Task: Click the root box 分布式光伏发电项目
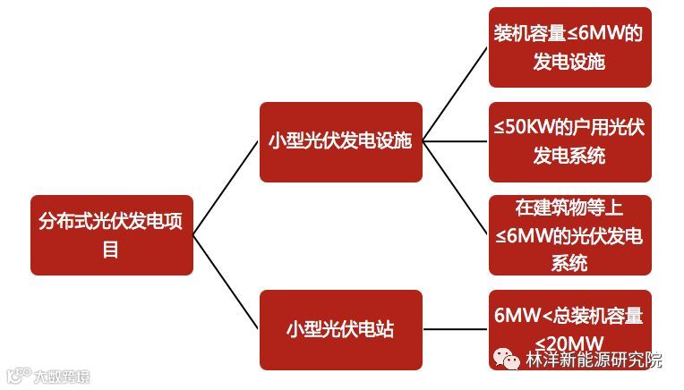coord(112,234)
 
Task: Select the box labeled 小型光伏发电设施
coord(340,141)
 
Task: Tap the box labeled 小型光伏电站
coord(340,329)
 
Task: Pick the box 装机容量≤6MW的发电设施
coord(569,47)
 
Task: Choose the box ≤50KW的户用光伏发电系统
coord(569,141)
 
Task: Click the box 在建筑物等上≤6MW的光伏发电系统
coord(569,234)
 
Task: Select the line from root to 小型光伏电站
coord(226,282)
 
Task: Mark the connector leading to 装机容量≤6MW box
coord(455,95)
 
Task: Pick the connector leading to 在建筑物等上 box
coord(455,188)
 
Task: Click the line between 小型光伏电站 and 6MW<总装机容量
coord(455,329)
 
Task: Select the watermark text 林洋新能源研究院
coord(594,360)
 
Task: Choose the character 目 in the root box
coord(111,249)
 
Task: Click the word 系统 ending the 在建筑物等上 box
coord(569,262)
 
